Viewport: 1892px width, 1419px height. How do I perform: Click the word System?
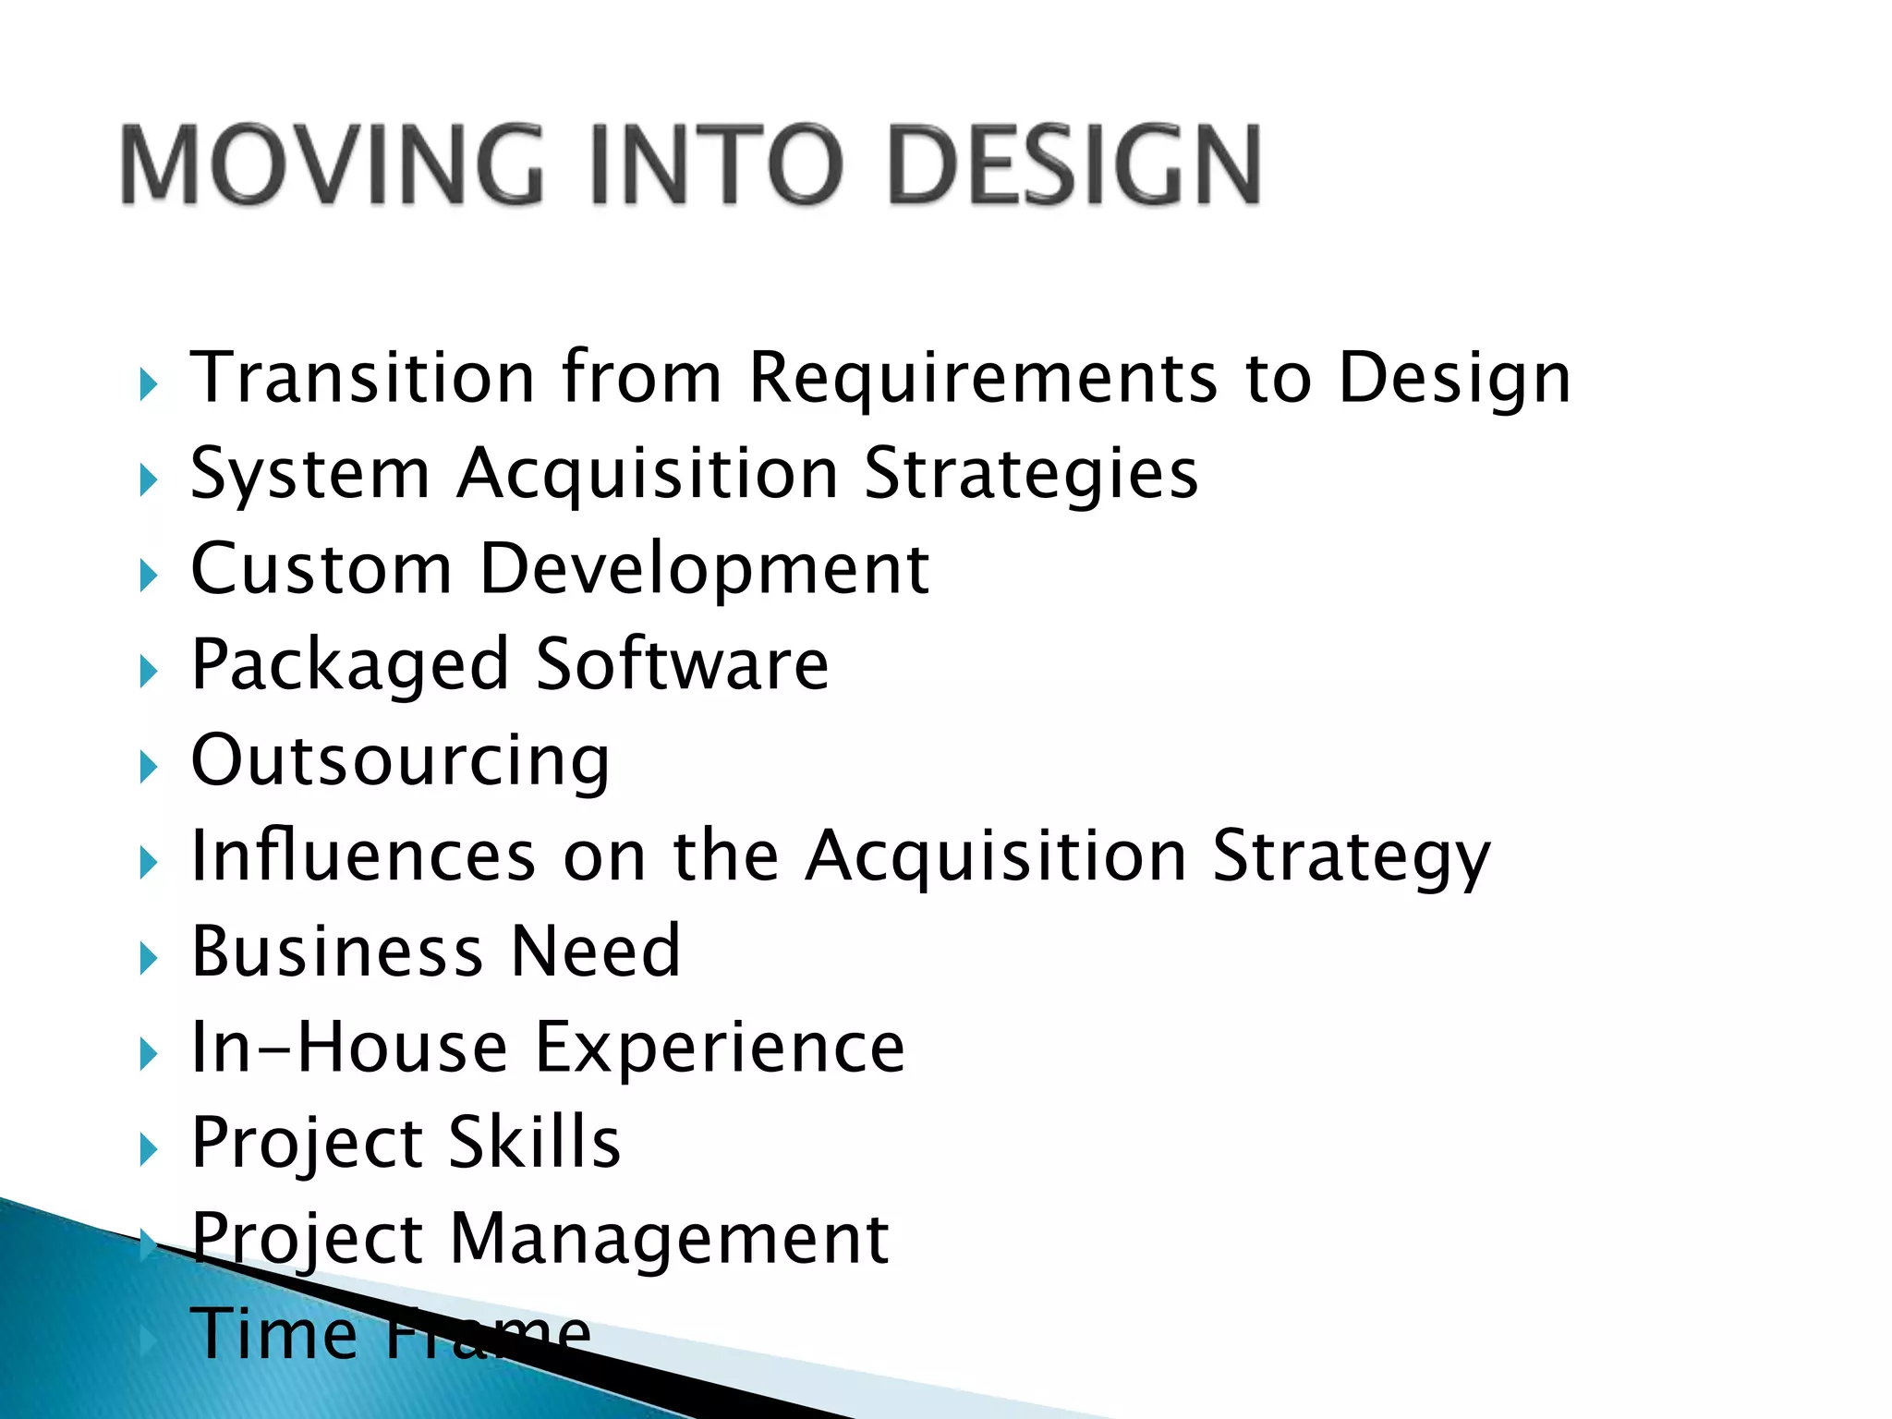(310, 474)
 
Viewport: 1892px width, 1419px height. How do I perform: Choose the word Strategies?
(1031, 474)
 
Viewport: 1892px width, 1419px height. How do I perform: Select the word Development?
(705, 570)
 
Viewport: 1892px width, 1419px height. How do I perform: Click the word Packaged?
(350, 665)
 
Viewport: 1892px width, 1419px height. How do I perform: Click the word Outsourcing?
(400, 761)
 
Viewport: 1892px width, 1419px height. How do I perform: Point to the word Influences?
(363, 855)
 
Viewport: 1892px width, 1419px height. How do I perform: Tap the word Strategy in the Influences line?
(1351, 857)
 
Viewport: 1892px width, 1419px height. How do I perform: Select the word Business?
(337, 951)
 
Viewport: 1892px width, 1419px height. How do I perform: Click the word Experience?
(721, 1049)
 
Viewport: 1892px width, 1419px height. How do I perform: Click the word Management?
(670, 1239)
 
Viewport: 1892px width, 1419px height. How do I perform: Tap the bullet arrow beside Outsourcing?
(149, 766)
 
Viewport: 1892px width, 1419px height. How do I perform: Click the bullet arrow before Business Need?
(149, 957)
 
